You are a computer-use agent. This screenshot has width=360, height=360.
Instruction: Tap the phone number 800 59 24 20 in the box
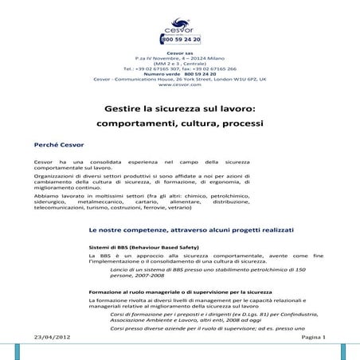tap(182, 38)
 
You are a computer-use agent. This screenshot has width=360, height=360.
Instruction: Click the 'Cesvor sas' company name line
tap(179, 53)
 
